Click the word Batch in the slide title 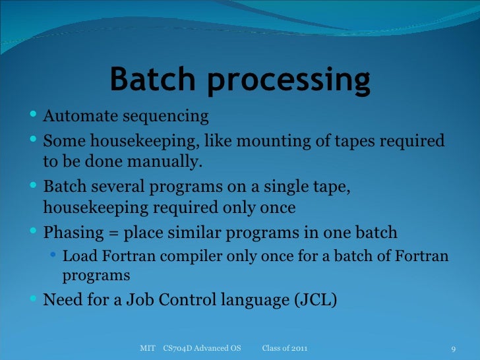tap(152, 80)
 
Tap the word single tap(274, 188)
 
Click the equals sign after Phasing tap(111, 233)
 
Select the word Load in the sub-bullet tap(76, 256)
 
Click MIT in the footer tap(148, 347)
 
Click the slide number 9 tap(454, 348)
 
